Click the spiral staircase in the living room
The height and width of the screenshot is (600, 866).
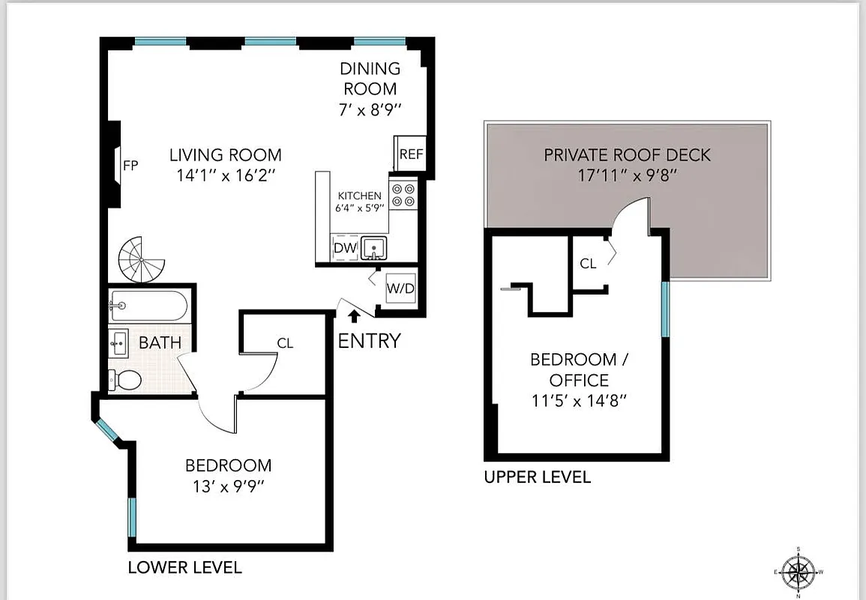click(x=142, y=259)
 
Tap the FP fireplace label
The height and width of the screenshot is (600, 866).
click(x=130, y=166)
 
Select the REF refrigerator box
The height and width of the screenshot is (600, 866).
click(x=411, y=154)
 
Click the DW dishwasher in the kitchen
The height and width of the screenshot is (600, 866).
click(x=344, y=247)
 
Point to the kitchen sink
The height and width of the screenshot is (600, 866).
click(x=373, y=247)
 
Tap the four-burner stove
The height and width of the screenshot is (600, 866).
click(x=403, y=195)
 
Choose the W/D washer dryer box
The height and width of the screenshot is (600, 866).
click(x=400, y=289)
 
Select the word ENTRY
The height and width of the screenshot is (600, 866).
click(x=369, y=341)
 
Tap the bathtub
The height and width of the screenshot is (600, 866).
click(x=148, y=306)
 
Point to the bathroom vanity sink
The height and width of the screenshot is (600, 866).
click(x=118, y=344)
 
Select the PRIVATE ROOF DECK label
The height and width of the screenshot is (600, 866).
click(x=627, y=155)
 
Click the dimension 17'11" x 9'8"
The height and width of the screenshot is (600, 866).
click(x=627, y=175)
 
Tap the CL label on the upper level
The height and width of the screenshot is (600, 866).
click(x=589, y=264)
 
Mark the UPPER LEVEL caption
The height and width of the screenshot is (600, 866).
click(x=537, y=477)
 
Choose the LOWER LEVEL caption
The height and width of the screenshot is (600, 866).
click(x=184, y=567)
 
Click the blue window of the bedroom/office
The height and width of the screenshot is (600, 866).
click(x=664, y=308)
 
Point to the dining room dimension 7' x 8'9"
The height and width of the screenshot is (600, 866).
click(x=370, y=109)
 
